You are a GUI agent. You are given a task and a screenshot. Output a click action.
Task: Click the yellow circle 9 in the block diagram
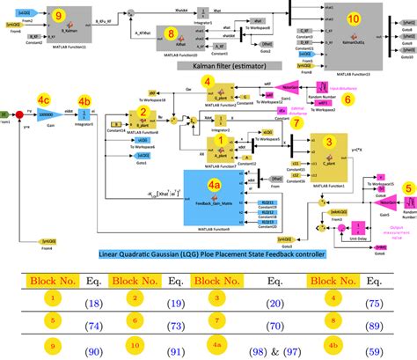click(x=58, y=15)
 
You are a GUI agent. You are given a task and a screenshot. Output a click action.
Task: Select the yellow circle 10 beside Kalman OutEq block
click(x=353, y=18)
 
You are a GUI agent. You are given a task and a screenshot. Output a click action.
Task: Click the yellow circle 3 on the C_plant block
click(x=328, y=139)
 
